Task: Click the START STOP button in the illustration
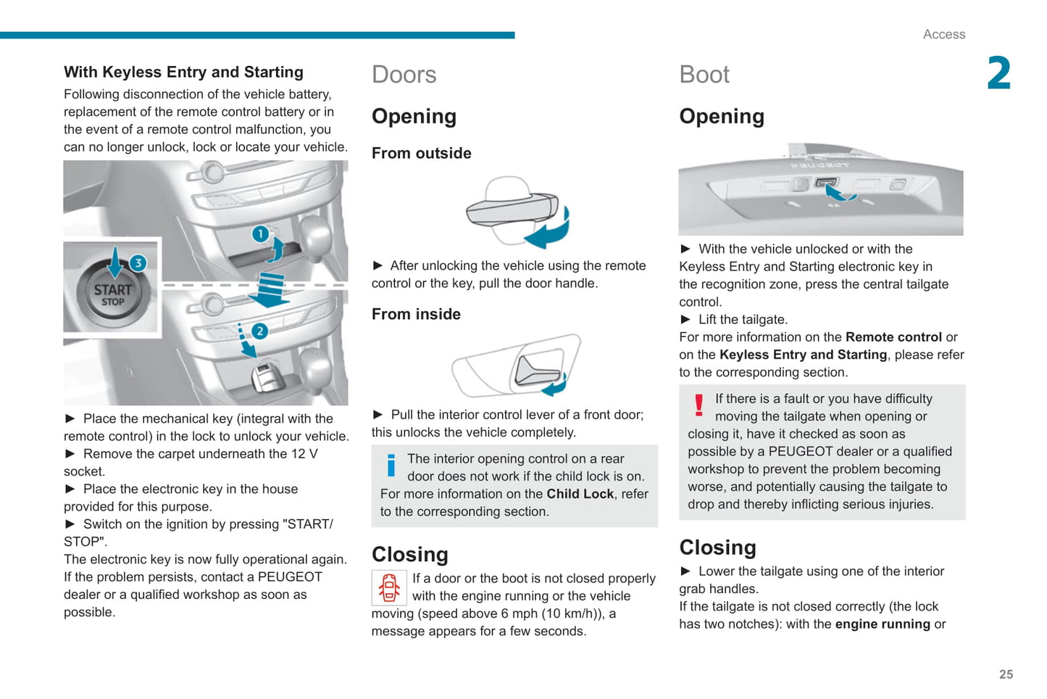pyautogui.click(x=112, y=293)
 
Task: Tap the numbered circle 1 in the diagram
pyautogui.click(x=259, y=234)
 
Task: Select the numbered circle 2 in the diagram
pyautogui.click(x=259, y=331)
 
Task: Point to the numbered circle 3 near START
pyautogui.click(x=138, y=263)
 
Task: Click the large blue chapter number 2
pyautogui.click(x=998, y=73)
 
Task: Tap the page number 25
pyautogui.click(x=1006, y=674)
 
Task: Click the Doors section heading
pyautogui.click(x=404, y=75)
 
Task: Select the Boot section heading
pyautogui.click(x=704, y=75)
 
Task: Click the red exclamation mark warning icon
pyautogui.click(x=698, y=405)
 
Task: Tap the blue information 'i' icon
pyautogui.click(x=391, y=465)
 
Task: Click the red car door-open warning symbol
pyautogui.click(x=389, y=587)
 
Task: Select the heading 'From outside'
pyautogui.click(x=421, y=153)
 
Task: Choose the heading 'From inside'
pyautogui.click(x=416, y=314)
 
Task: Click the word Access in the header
pyautogui.click(x=943, y=34)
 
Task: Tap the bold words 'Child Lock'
pyautogui.click(x=580, y=494)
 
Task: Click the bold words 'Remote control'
pyautogui.click(x=893, y=337)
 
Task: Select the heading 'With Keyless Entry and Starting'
pyautogui.click(x=183, y=72)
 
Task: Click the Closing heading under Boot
pyautogui.click(x=717, y=547)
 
